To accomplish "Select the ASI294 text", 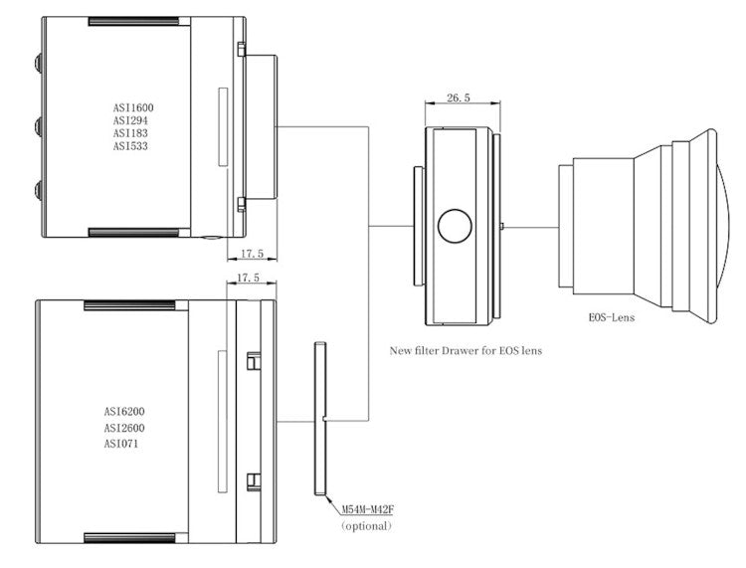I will point(131,119).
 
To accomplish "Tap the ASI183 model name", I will point(131,132).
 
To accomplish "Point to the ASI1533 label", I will point(133,145).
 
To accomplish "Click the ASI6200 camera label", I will point(131,411).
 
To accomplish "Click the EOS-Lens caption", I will point(612,319).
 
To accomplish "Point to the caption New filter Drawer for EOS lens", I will point(466,350).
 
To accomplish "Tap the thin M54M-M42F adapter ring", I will point(319,418).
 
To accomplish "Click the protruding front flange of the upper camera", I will point(262,127).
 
